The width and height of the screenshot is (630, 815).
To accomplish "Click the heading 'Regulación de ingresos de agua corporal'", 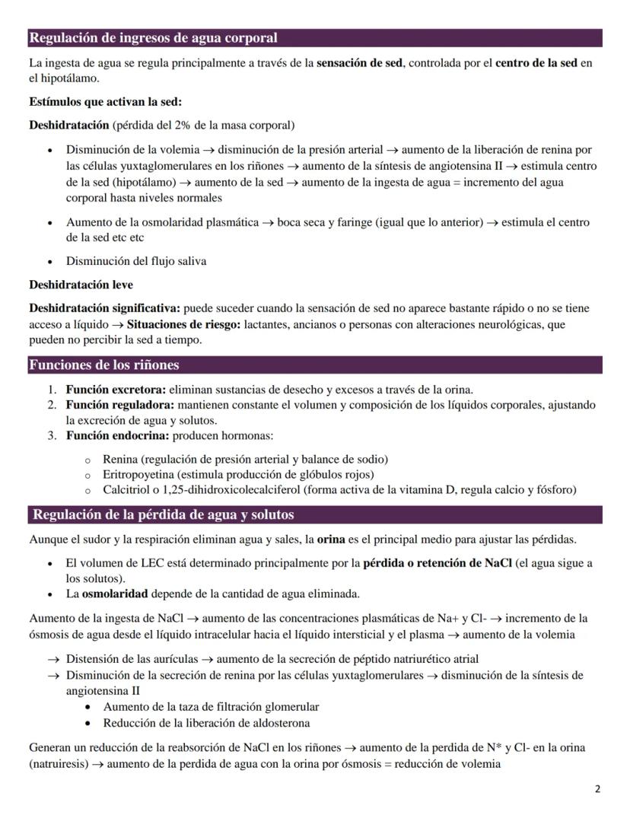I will (153, 38).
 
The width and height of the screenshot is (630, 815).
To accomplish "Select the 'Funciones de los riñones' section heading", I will (104, 365).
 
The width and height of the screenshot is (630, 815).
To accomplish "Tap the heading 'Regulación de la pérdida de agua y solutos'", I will (163, 515).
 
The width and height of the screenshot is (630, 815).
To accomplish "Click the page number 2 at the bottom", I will (597, 789).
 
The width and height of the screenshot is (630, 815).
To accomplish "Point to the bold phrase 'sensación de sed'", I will (359, 63).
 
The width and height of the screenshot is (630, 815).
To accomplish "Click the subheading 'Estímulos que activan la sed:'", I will (105, 102).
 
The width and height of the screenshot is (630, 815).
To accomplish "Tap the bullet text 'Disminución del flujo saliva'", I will (136, 261).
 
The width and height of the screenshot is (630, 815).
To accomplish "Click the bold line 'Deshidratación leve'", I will (81, 285).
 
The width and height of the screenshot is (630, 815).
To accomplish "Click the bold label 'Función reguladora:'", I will (120, 405).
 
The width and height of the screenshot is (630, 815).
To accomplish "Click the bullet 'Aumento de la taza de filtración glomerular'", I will (212, 707).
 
